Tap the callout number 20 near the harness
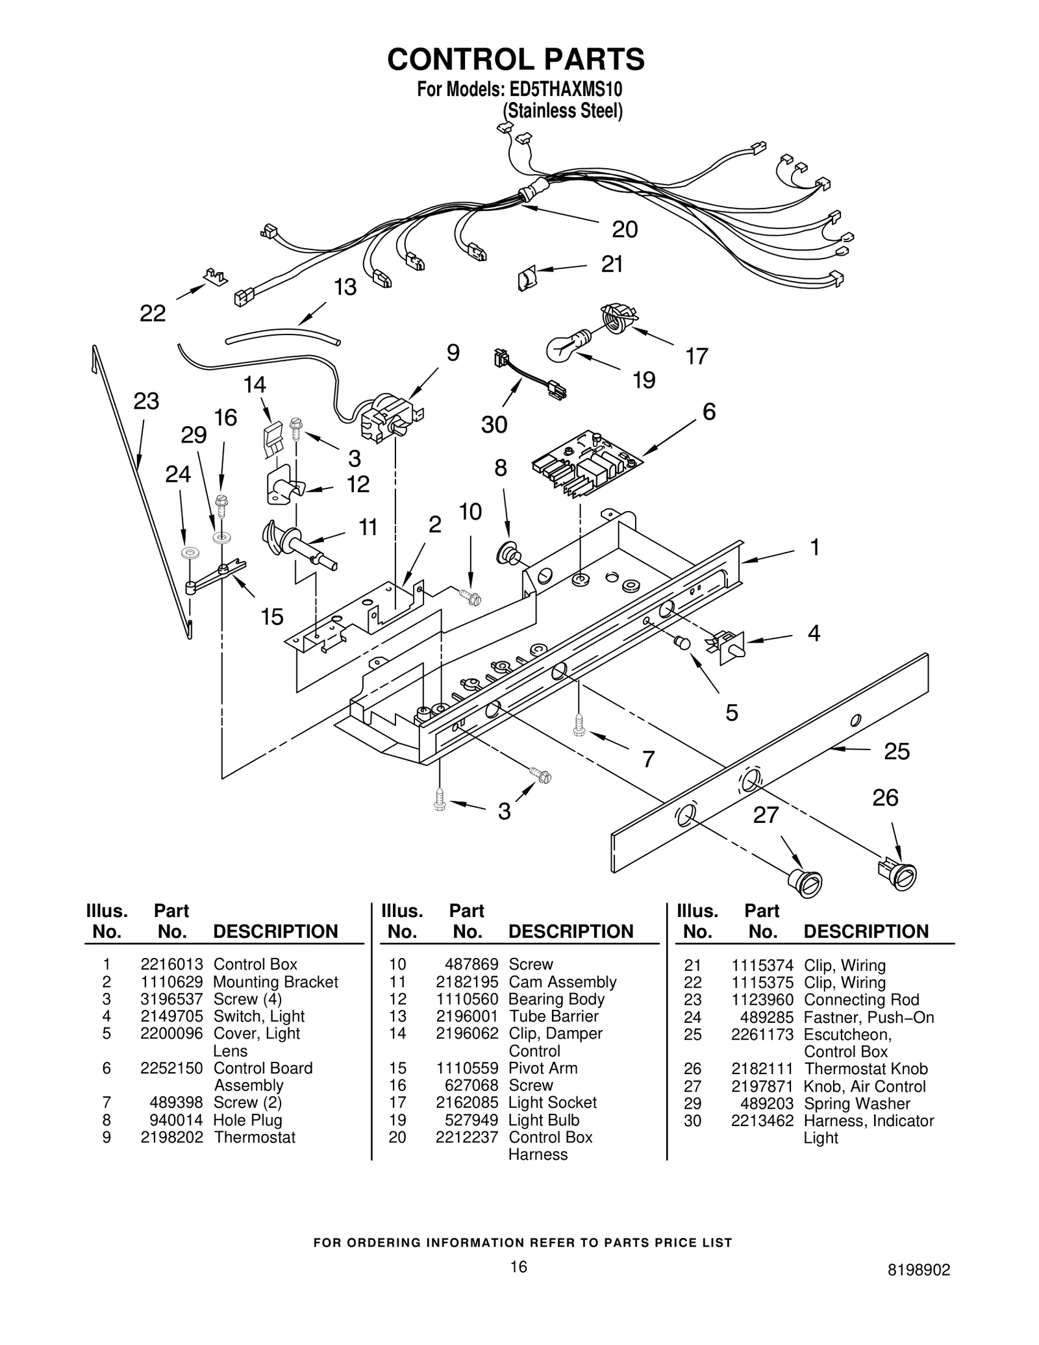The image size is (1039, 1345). click(x=625, y=229)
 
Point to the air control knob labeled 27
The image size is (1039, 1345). click(x=805, y=883)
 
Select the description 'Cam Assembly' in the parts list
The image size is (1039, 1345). click(x=562, y=982)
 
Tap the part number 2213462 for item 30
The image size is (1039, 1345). click(x=762, y=1120)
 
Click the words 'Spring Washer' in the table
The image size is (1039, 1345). click(x=857, y=1103)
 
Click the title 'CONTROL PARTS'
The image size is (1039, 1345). click(x=516, y=59)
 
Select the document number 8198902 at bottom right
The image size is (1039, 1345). click(x=919, y=1270)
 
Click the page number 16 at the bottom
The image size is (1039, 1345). click(x=518, y=1266)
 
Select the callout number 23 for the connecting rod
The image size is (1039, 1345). click(x=146, y=401)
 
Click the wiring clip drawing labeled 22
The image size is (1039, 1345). click(x=214, y=276)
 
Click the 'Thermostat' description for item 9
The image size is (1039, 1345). click(x=255, y=1137)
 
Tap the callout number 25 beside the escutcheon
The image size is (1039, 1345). click(x=897, y=751)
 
